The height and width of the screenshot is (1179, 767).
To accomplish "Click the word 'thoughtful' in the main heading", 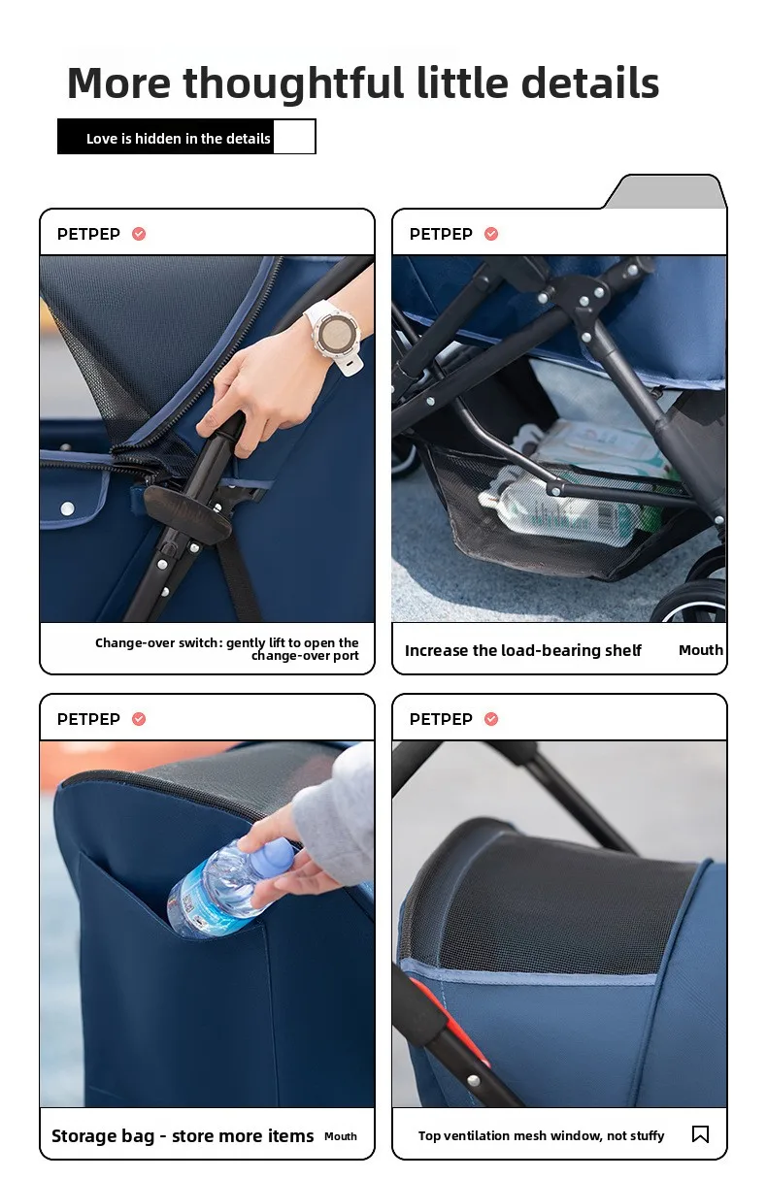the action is (x=294, y=83).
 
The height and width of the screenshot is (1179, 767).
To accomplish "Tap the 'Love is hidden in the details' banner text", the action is (x=178, y=139).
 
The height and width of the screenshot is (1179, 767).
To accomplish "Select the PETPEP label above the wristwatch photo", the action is (x=88, y=234).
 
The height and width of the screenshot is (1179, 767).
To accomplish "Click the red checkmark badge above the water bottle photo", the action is (x=139, y=719).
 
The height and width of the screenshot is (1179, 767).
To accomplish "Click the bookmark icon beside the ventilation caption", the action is (x=700, y=1134).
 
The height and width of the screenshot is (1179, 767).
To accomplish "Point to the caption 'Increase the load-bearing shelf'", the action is (x=523, y=650).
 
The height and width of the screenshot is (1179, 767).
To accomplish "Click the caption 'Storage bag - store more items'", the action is (x=183, y=1136).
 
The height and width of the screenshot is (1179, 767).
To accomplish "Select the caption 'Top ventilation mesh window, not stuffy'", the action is (x=541, y=1136).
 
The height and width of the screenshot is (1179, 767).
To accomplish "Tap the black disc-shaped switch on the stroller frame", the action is (x=188, y=513).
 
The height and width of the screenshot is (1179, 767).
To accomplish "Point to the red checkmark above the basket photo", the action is (x=491, y=234).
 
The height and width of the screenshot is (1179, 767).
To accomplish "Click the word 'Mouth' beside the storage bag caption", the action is (x=341, y=1136).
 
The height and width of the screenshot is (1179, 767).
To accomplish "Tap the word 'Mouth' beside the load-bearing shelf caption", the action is (x=701, y=650).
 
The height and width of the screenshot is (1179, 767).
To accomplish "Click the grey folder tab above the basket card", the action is (x=666, y=191).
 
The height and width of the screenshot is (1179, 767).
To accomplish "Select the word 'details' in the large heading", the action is (x=590, y=83).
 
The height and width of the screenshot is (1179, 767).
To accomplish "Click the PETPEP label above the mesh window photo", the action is (x=441, y=719).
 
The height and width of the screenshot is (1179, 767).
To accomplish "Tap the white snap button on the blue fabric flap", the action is (x=67, y=508).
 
